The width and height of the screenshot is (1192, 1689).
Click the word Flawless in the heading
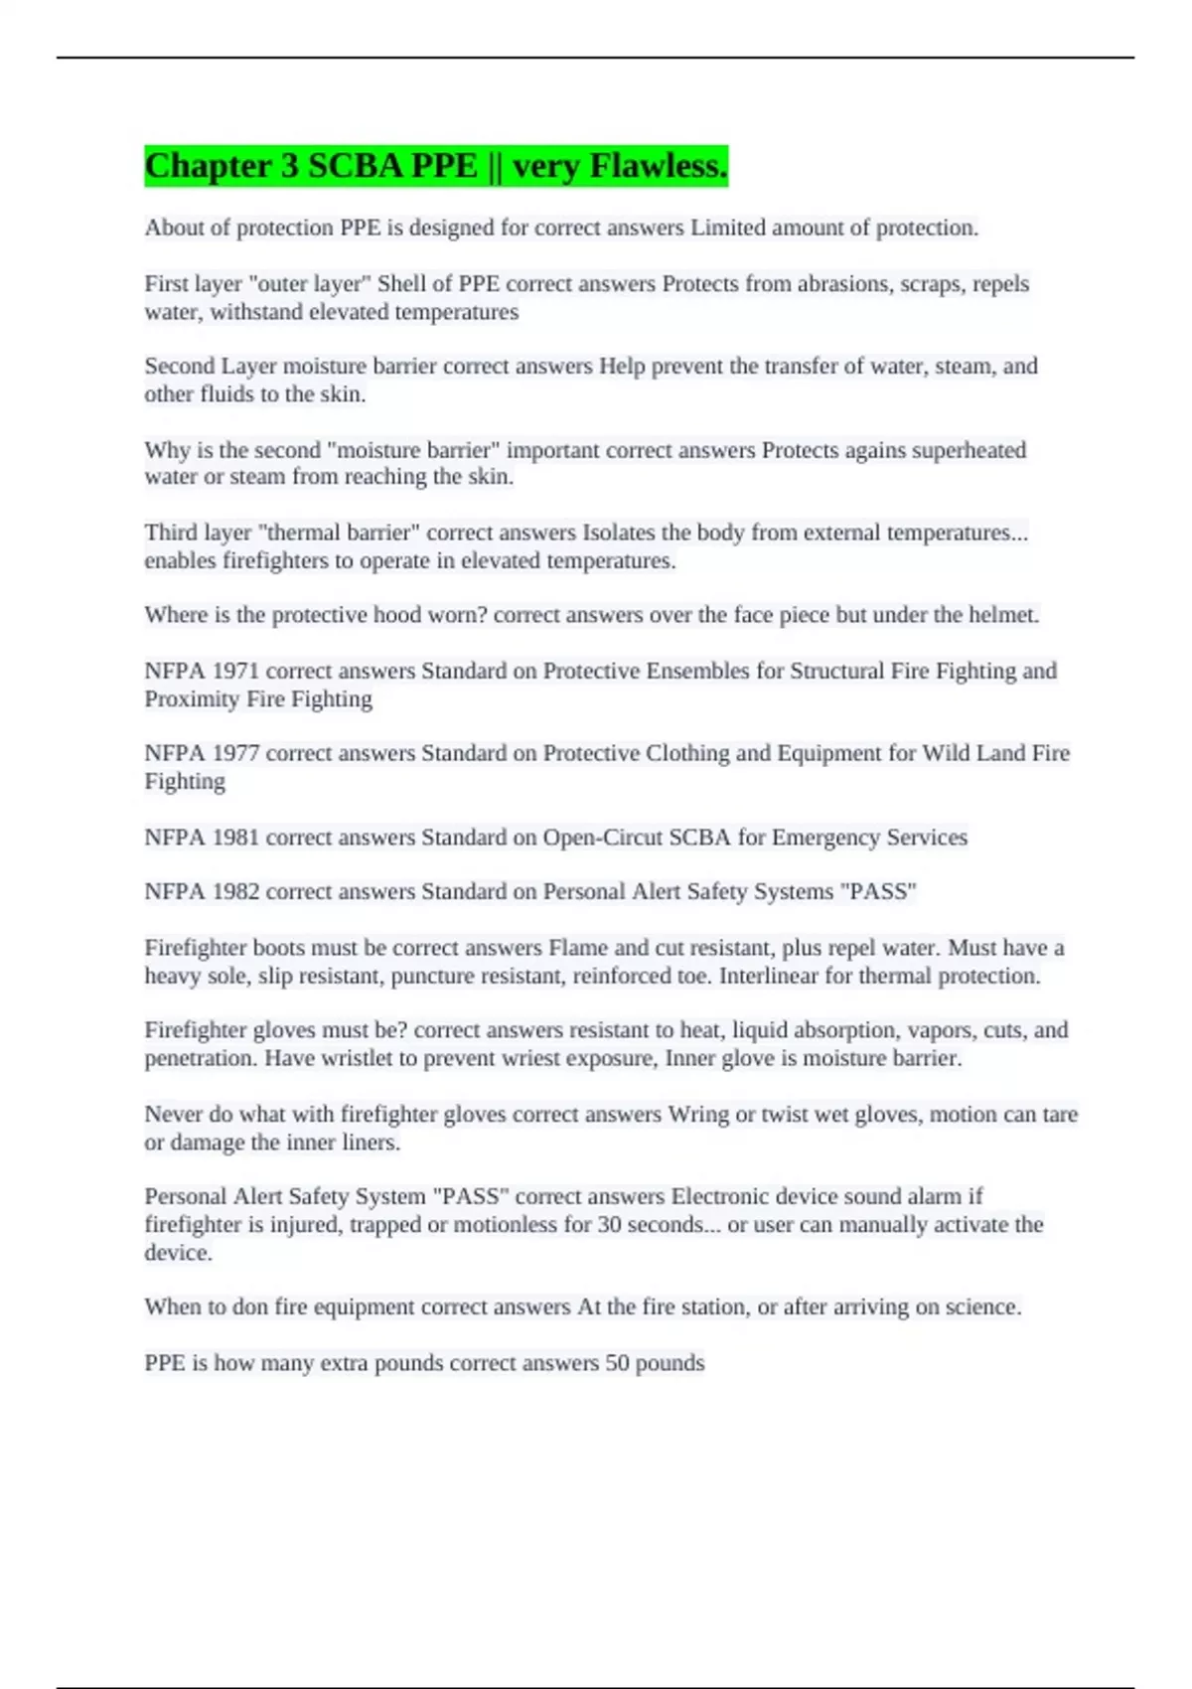658,166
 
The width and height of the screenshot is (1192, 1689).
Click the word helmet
1002,615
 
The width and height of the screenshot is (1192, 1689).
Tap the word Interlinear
769,976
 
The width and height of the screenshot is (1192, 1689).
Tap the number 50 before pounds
617,1362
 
